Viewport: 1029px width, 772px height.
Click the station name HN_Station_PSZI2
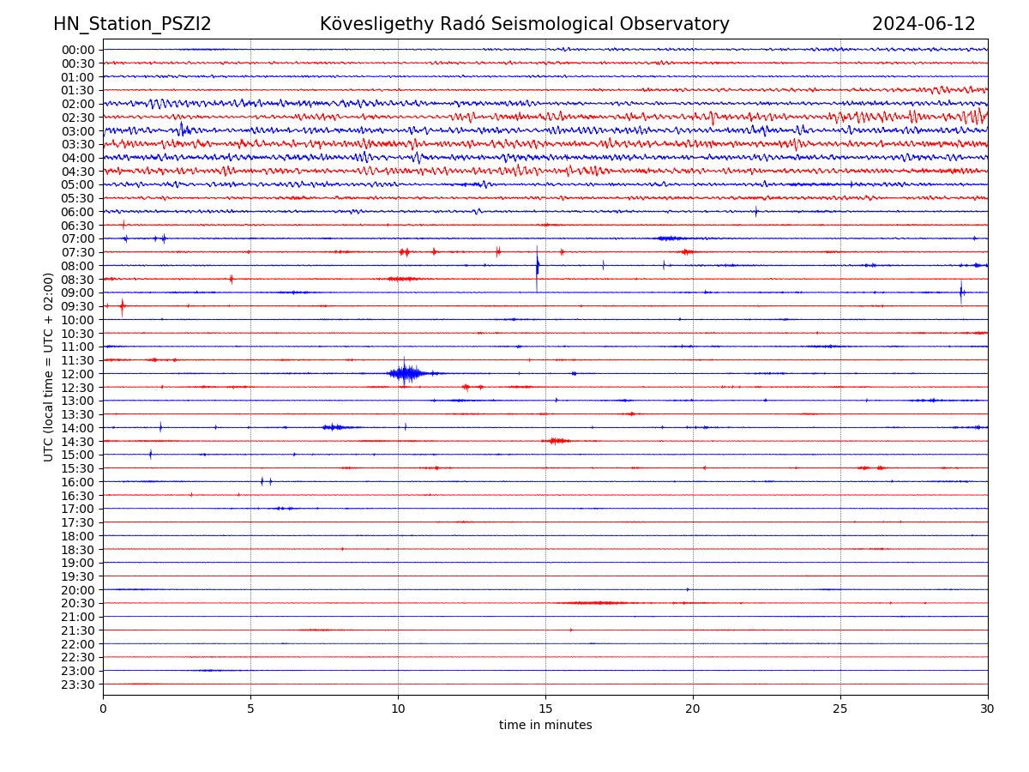(x=132, y=25)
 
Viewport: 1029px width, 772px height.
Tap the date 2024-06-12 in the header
(x=924, y=25)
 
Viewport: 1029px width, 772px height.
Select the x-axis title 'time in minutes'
(x=545, y=726)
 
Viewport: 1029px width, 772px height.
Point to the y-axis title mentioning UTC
(x=49, y=366)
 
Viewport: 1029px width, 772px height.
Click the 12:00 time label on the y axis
(x=77, y=374)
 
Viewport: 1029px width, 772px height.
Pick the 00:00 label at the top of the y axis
(x=77, y=50)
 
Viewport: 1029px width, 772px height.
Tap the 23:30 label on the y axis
(x=77, y=685)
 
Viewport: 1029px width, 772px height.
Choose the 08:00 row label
(x=77, y=266)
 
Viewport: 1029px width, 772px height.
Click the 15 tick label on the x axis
(x=545, y=709)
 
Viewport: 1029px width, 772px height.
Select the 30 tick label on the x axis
(x=988, y=709)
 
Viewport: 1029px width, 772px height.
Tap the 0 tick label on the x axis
(x=103, y=709)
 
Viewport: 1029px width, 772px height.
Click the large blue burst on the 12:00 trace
(x=406, y=373)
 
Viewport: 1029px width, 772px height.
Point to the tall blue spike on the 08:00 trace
(x=538, y=265)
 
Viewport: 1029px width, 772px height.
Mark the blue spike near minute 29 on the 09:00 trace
(x=961, y=293)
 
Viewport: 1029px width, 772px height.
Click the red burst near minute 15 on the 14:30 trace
(x=557, y=441)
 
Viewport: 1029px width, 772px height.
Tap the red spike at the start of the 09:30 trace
(x=122, y=306)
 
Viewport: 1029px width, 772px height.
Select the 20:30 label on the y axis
(x=77, y=603)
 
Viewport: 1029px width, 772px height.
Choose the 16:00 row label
(x=77, y=482)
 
